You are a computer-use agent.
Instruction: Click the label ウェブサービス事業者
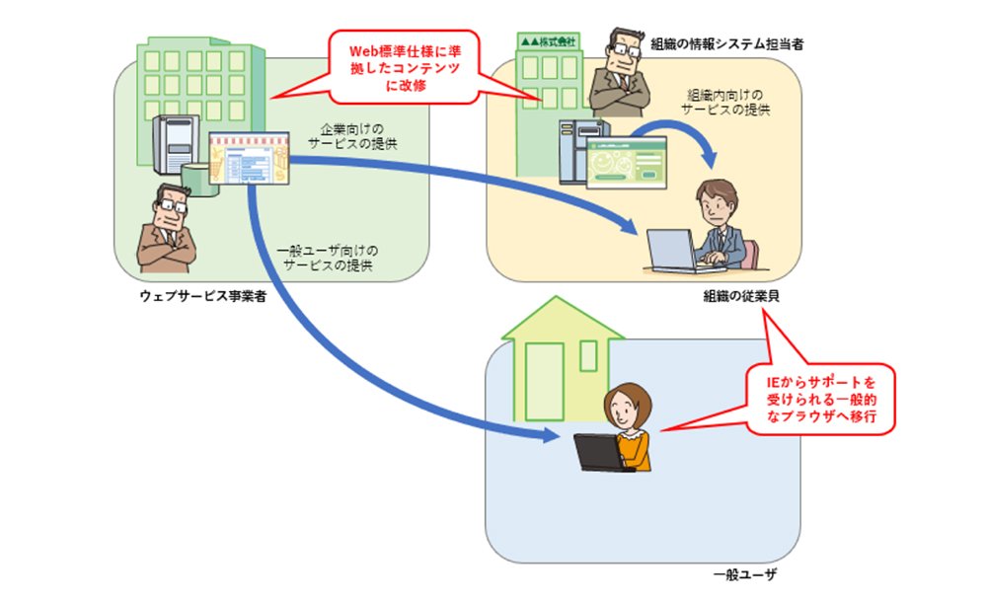pos(202,296)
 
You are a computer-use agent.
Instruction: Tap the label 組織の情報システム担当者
pos(727,44)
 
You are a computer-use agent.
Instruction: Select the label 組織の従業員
pos(741,296)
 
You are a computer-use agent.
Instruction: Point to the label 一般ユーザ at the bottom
pos(744,574)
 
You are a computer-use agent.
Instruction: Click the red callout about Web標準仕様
pos(404,67)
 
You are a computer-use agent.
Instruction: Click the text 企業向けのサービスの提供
pos(352,136)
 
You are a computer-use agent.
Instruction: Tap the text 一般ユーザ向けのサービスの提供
pos(328,259)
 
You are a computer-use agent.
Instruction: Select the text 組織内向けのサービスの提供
pos(725,102)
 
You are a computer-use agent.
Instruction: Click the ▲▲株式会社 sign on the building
pos(548,42)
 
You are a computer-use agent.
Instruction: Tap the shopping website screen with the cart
pos(250,158)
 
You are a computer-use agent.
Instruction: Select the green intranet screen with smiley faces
pos(627,163)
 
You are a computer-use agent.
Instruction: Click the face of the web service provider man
pos(170,208)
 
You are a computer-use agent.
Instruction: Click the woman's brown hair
pos(628,395)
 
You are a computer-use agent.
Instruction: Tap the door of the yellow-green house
pos(545,382)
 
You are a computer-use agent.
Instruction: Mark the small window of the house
pos(588,355)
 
